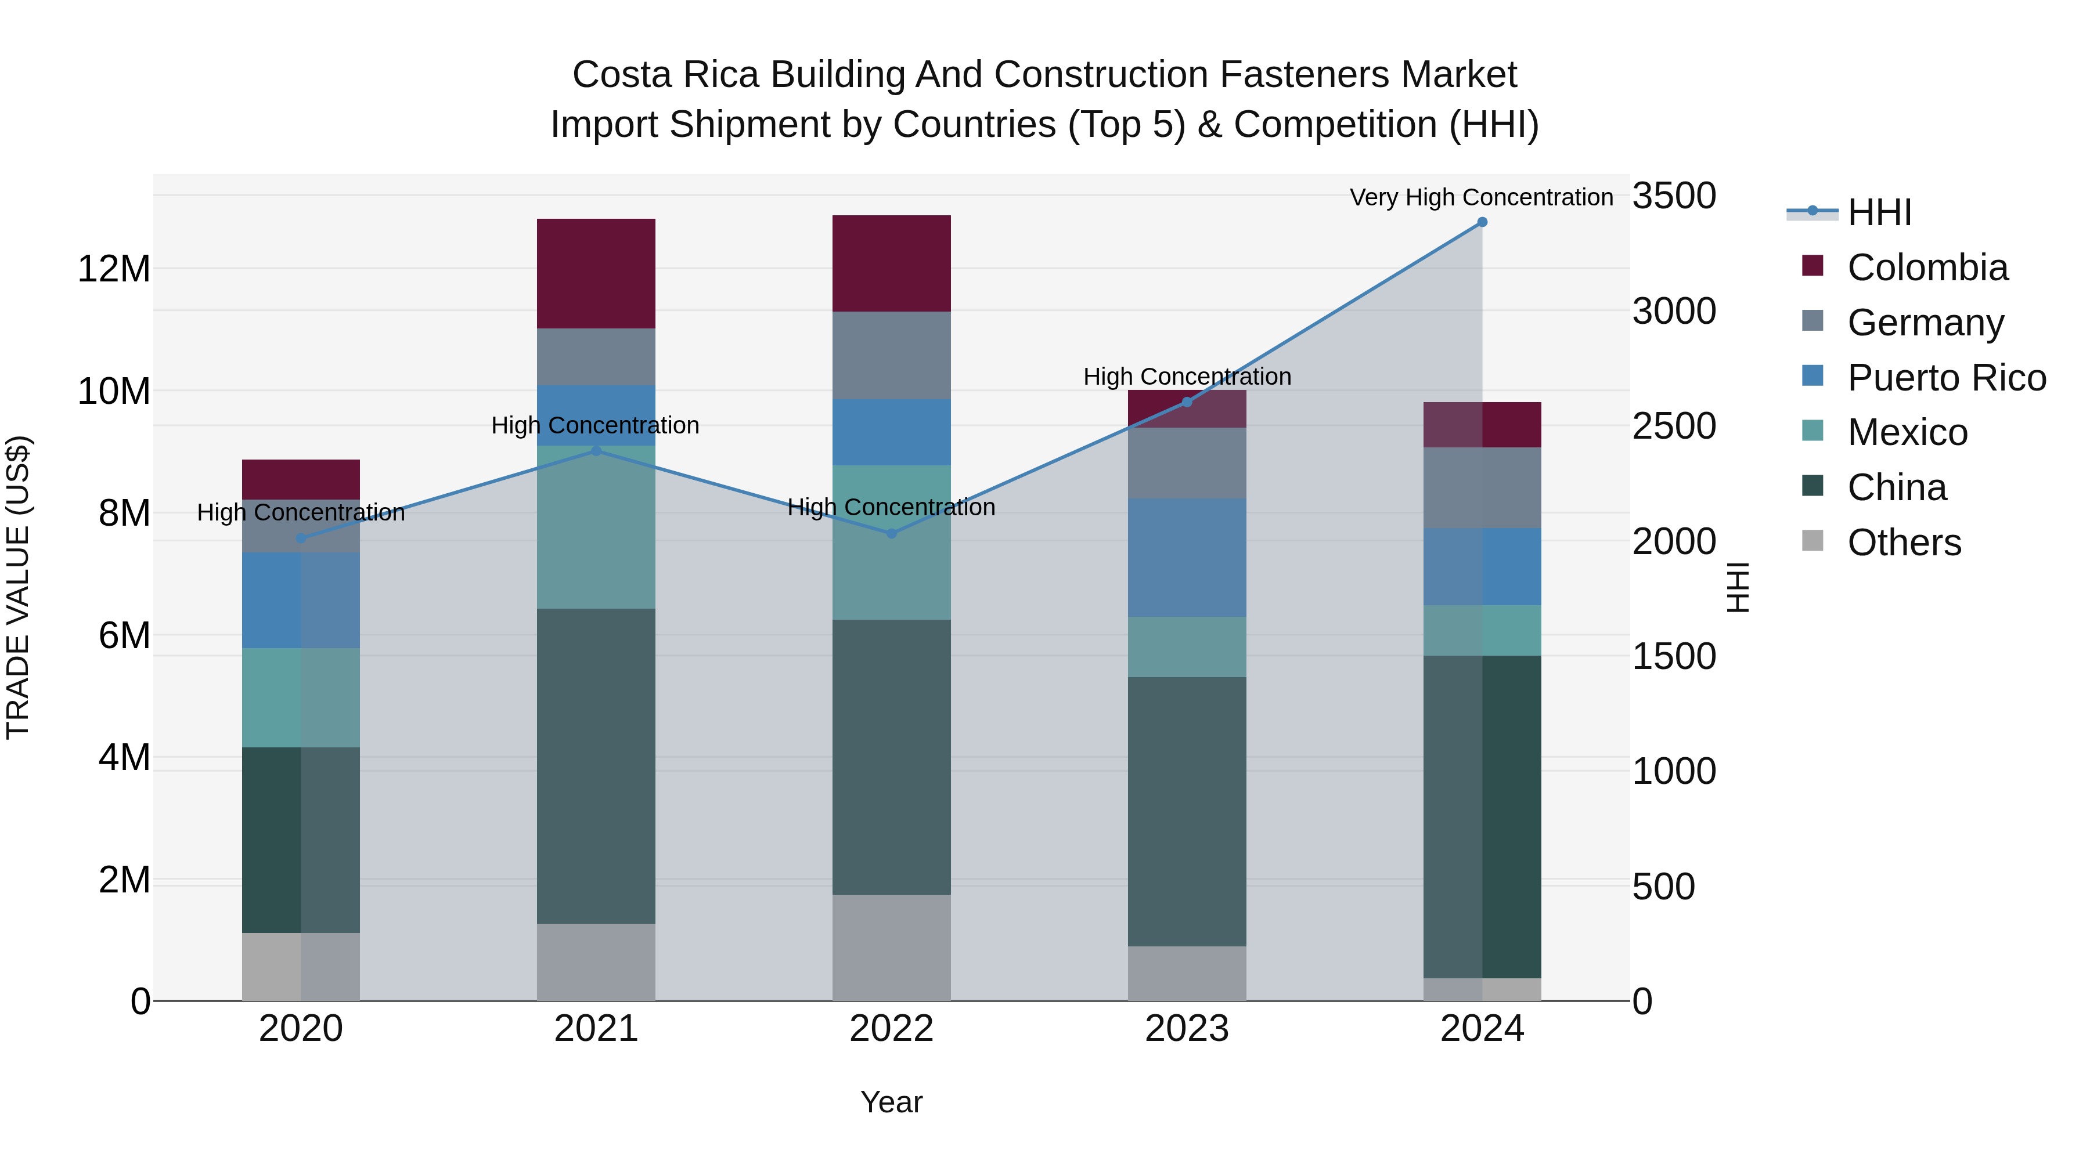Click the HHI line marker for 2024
[x=1482, y=222]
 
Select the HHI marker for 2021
[x=596, y=451]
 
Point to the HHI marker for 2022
[x=892, y=534]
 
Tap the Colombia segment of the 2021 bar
[x=596, y=273]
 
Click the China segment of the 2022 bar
[x=892, y=757]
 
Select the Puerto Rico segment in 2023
[x=1187, y=557]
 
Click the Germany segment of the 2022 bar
[x=892, y=355]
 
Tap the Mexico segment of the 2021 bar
[x=596, y=527]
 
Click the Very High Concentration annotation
[x=1482, y=198]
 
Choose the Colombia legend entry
[x=1927, y=267]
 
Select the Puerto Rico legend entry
[x=1947, y=378]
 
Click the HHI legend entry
[x=1879, y=212]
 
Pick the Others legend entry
[x=1904, y=543]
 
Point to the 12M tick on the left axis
[x=114, y=269]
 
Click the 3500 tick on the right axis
[x=1674, y=196]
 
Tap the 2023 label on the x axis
[x=1187, y=1029]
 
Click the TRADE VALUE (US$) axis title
[x=18, y=587]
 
